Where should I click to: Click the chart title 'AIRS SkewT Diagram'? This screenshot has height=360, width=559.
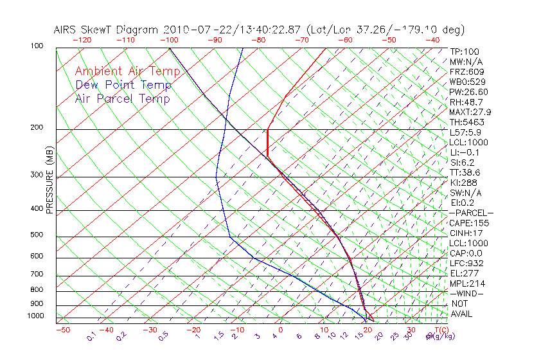click(x=107, y=30)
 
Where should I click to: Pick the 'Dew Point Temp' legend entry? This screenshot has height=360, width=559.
click(x=123, y=85)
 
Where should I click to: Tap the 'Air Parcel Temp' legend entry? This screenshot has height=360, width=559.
click(x=122, y=98)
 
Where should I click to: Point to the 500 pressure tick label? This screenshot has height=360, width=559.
click(x=37, y=235)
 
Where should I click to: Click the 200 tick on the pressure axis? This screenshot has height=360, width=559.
click(x=37, y=128)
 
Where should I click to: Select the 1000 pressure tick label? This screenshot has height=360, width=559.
click(x=36, y=316)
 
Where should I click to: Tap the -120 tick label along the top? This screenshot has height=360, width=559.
click(x=82, y=40)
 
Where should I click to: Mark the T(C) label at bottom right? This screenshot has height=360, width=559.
click(x=440, y=330)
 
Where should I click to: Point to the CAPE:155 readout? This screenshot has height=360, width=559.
click(x=469, y=223)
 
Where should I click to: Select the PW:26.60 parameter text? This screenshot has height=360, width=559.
click(x=469, y=92)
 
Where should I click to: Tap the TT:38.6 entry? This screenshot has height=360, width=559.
click(x=465, y=173)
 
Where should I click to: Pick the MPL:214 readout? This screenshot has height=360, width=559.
click(x=466, y=283)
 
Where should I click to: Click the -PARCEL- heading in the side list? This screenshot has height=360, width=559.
click(x=471, y=213)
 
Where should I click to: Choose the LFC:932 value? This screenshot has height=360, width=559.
click(x=466, y=264)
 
